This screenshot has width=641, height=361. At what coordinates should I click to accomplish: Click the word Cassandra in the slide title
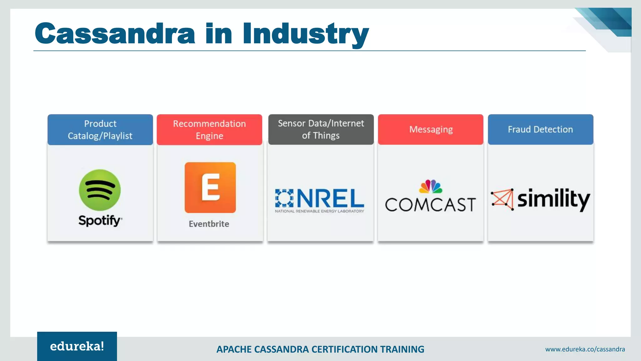(115, 34)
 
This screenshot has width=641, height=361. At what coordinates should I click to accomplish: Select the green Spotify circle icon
(100, 190)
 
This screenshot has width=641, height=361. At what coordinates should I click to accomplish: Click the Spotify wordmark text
(100, 221)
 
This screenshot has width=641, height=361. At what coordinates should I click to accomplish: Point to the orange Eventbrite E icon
(210, 187)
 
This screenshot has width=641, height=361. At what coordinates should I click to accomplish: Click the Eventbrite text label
(209, 224)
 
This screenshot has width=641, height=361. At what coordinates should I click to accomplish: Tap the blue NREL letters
(330, 198)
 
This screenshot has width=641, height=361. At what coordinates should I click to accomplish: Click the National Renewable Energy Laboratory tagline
(319, 211)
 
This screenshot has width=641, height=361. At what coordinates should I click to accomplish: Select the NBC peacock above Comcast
(431, 186)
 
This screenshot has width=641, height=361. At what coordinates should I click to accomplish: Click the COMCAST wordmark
(430, 205)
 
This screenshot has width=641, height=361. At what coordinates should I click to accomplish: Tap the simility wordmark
(553, 199)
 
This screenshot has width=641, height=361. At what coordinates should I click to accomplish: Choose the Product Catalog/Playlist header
(100, 129)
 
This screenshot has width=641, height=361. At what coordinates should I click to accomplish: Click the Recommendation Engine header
(209, 129)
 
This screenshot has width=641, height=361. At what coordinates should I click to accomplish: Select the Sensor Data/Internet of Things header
(321, 129)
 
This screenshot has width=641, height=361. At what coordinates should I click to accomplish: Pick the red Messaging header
(431, 129)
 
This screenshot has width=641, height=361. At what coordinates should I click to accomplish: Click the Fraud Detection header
(540, 129)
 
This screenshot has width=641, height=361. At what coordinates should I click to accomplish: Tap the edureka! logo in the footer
(77, 346)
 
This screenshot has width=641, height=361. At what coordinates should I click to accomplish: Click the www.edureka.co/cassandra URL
(585, 349)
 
